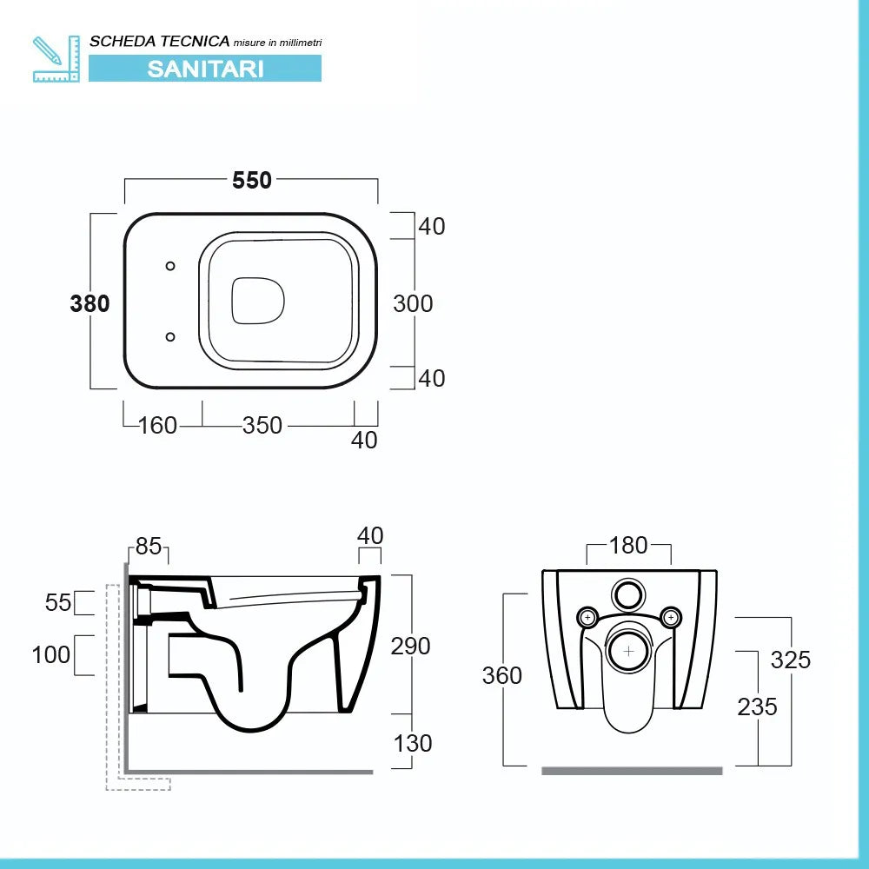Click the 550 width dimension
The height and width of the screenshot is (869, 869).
252,180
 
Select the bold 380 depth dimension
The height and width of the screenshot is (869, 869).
90,303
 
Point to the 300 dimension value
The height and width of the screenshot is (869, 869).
413,303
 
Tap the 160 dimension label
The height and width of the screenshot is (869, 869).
158,425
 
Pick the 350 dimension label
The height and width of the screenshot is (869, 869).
262,425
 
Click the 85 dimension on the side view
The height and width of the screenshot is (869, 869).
149,547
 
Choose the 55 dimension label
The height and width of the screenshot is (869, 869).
58,602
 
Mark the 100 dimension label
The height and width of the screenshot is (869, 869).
51,654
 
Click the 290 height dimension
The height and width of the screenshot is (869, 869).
411,646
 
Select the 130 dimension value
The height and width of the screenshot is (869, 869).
413,743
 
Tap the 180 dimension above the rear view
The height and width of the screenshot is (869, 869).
629,545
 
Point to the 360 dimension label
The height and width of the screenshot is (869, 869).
502,675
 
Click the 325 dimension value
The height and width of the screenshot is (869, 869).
790,660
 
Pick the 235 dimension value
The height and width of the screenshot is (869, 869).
757,706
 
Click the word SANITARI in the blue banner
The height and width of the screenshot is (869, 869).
205,69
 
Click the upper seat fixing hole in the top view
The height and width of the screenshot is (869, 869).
170,265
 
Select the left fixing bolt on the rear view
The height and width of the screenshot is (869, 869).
588,618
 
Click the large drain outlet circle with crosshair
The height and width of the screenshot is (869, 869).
627,649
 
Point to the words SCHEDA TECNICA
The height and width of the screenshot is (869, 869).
160,41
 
